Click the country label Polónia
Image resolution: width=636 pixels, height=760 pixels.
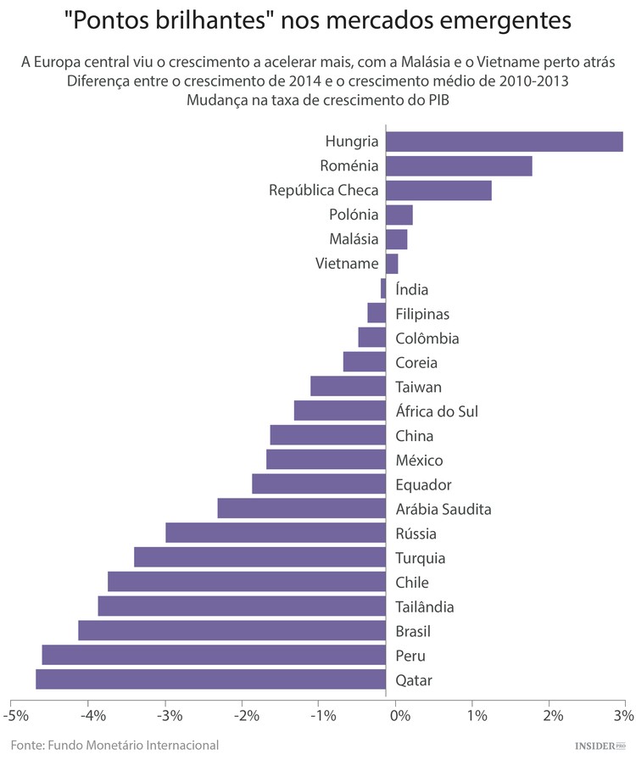[354, 215]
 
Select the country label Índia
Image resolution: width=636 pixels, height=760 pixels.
[412, 289]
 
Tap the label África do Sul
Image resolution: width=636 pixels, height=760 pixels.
[437, 411]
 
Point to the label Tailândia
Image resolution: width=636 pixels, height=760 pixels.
[425, 606]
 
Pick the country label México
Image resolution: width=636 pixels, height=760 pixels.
[419, 461]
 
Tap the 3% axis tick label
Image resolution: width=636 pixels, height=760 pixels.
[622, 716]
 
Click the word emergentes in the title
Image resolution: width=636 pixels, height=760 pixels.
[497, 19]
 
